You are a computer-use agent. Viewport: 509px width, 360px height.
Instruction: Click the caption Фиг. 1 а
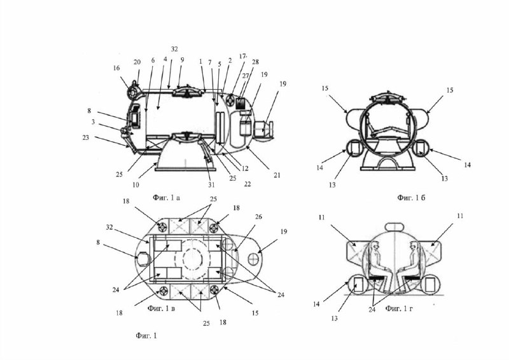coord(167,198)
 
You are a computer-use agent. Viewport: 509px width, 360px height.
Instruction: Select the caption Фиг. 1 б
coord(411,198)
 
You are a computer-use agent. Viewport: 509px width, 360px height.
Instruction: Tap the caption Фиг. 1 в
coord(162,308)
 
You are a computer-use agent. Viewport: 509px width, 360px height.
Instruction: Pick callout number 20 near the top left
coord(137,62)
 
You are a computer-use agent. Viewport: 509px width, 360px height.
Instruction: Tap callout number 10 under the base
coord(136,184)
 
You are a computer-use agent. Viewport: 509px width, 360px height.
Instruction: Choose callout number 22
coord(248,184)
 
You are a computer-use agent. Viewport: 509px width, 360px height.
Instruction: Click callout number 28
coord(254,62)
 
